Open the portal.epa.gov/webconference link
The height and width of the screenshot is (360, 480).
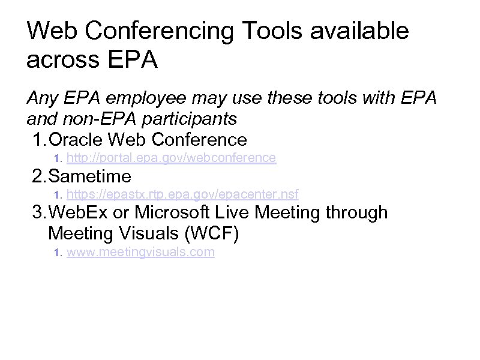[171, 158]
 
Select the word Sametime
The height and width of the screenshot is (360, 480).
[89, 176]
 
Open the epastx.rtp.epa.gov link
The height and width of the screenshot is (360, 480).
[182, 194]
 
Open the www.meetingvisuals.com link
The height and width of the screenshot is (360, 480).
[140, 252]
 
